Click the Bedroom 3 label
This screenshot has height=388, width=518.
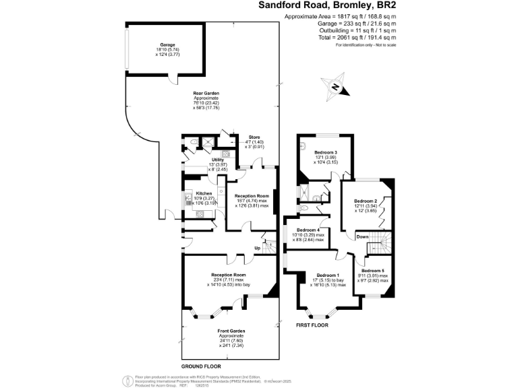pyautogui.click(x=326, y=153)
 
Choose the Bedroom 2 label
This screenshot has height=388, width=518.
pyautogui.click(x=366, y=201)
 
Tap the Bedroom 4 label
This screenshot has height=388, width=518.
pyautogui.click(x=309, y=230)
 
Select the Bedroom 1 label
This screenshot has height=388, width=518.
pyautogui.click(x=328, y=276)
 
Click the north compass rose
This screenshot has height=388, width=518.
pyautogui.click(x=335, y=87)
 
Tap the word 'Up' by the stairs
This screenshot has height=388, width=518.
pyautogui.click(x=258, y=249)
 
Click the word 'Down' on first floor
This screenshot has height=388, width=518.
pyautogui.click(x=362, y=236)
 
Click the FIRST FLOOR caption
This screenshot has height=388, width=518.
pyautogui.click(x=312, y=325)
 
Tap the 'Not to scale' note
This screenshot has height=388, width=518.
pyautogui.click(x=382, y=44)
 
